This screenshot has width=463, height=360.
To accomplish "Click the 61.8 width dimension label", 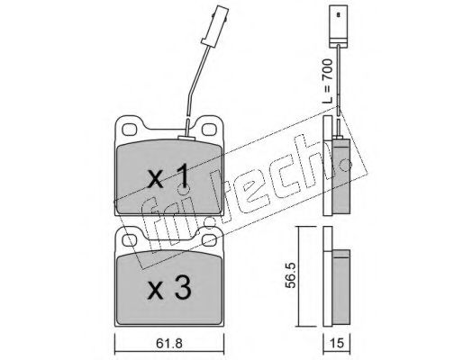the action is [x=169, y=344].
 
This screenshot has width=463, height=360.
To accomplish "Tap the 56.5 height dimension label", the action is [x=290, y=275].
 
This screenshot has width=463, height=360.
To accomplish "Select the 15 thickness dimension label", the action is [x=336, y=344].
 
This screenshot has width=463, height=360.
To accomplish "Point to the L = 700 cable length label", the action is [x=327, y=82].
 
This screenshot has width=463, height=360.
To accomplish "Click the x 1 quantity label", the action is [x=168, y=176].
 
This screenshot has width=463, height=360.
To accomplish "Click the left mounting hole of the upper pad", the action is [x=130, y=130].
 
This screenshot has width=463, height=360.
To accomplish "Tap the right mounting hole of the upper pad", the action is [x=209, y=130].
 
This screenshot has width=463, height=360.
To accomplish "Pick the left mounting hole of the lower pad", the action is [x=130, y=239].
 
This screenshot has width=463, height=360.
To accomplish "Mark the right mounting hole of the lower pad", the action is [x=209, y=239].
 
